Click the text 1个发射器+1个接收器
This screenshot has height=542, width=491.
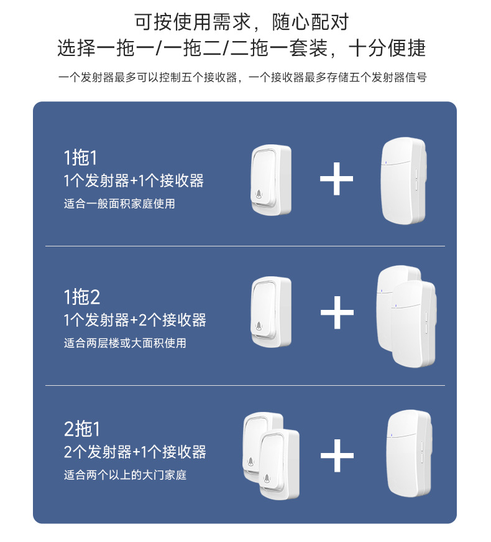click(134, 181)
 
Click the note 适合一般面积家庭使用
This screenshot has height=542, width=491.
click(119, 203)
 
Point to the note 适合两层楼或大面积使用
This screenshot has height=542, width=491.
click(125, 343)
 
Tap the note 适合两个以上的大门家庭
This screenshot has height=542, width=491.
click(125, 475)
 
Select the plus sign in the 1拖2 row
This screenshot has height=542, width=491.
click(336, 312)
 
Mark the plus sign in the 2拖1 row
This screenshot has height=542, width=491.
click(336, 456)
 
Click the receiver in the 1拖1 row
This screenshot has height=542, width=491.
click(405, 180)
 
